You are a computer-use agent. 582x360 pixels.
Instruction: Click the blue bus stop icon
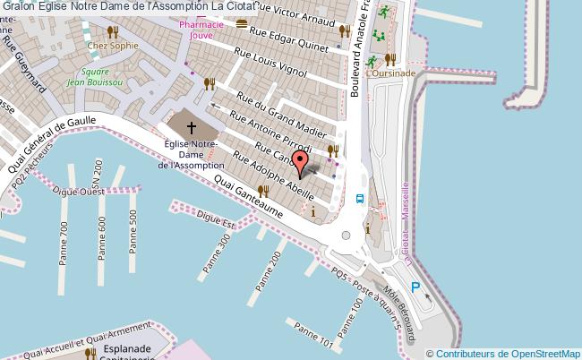click(x=359, y=199)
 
